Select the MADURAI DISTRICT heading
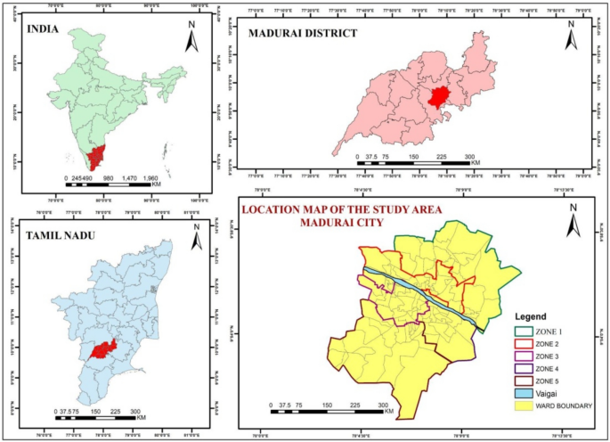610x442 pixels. [x=301, y=33]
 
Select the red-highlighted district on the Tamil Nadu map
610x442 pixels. [x=104, y=349]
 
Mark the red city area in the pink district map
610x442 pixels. [x=437, y=96]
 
